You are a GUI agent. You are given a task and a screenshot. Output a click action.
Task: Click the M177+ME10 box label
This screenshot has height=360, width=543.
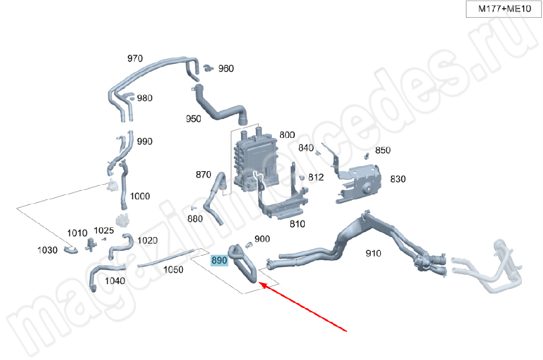[x=504, y=9]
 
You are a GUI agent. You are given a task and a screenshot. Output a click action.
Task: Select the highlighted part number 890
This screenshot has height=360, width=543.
[x=219, y=260]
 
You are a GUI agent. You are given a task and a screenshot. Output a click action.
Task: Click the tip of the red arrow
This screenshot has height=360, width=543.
[x=259, y=283]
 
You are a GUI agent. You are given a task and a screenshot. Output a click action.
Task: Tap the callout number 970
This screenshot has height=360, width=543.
[x=135, y=58]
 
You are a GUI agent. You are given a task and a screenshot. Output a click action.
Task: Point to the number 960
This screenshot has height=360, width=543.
[x=226, y=69]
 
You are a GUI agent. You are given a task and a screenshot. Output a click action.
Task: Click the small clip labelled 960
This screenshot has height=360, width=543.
[x=208, y=68]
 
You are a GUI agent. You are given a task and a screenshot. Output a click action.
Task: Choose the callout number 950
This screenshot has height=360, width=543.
[x=193, y=119]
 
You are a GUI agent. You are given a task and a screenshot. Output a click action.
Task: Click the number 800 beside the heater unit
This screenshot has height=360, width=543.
[x=287, y=135]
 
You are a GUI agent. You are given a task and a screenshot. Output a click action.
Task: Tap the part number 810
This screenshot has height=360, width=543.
[x=297, y=224]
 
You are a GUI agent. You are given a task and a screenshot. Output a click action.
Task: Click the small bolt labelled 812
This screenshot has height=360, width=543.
[x=301, y=178]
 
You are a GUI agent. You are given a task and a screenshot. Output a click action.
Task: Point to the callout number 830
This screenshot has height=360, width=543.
[x=398, y=179]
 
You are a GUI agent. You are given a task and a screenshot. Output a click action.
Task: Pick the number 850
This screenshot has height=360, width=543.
[x=383, y=150]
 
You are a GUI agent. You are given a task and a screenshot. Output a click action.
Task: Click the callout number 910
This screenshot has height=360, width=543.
[x=373, y=254]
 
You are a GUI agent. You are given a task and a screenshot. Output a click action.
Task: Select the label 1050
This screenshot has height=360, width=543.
[x=173, y=269]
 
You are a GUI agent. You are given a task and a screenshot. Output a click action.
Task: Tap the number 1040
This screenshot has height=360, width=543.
[x=115, y=281]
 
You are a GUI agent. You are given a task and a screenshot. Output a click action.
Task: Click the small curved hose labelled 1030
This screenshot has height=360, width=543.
[x=71, y=250]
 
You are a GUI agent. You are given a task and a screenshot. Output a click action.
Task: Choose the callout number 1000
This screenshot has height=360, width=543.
[x=140, y=196]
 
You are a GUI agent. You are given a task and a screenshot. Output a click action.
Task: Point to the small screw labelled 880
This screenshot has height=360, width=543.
[x=193, y=208]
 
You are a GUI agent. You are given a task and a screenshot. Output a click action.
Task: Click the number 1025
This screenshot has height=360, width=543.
[x=104, y=230]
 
